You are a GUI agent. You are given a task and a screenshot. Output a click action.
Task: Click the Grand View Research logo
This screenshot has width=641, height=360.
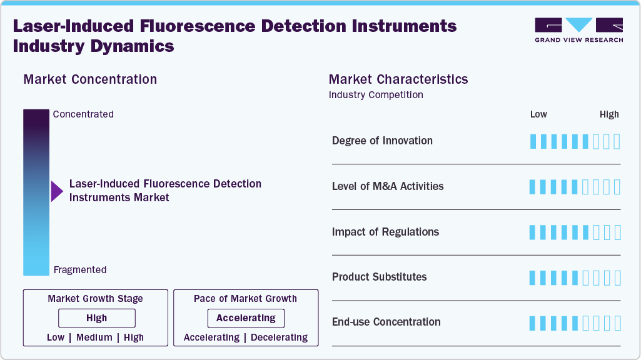[x=578, y=30]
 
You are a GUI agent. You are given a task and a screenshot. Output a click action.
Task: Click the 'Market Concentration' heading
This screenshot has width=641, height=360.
[x=90, y=79]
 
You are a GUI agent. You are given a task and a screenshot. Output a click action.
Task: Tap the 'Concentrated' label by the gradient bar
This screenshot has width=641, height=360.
[x=83, y=114]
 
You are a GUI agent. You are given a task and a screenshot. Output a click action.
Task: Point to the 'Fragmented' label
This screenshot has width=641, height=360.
[x=80, y=270]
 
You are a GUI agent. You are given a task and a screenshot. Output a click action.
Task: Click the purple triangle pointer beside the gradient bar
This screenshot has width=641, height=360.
[x=57, y=191]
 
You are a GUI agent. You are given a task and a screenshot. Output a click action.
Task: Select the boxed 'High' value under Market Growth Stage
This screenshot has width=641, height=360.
[x=96, y=318]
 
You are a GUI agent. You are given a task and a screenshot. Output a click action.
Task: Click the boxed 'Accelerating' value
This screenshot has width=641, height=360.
[x=246, y=318]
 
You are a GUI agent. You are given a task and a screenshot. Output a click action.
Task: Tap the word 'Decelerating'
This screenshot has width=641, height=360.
[x=280, y=337]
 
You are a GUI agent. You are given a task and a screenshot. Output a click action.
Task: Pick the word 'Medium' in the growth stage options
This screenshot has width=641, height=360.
[x=94, y=337]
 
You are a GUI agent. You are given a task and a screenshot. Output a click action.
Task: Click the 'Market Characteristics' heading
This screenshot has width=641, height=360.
[x=398, y=79]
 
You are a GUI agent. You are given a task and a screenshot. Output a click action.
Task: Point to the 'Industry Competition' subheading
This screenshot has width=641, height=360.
[x=376, y=95]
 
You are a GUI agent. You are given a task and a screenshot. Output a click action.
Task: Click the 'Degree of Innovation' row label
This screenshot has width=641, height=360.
[x=382, y=141]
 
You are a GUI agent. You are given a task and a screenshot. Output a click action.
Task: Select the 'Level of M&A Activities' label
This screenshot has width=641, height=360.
[x=388, y=186]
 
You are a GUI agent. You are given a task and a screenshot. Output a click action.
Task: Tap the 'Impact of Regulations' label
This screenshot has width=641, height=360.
[x=385, y=232]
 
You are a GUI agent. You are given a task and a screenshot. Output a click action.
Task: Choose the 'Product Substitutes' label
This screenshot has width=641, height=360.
[x=379, y=277]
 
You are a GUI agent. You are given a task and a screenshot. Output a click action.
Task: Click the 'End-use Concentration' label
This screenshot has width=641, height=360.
[x=386, y=322]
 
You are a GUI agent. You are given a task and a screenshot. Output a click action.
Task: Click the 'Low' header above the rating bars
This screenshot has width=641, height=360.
[x=538, y=114]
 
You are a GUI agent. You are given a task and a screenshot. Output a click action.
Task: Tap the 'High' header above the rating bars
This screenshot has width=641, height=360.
[x=609, y=114]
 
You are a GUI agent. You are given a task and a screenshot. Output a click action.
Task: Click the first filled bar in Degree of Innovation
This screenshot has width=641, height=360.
[x=533, y=141]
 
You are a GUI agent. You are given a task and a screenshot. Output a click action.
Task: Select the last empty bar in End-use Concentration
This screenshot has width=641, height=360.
[x=617, y=323]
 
